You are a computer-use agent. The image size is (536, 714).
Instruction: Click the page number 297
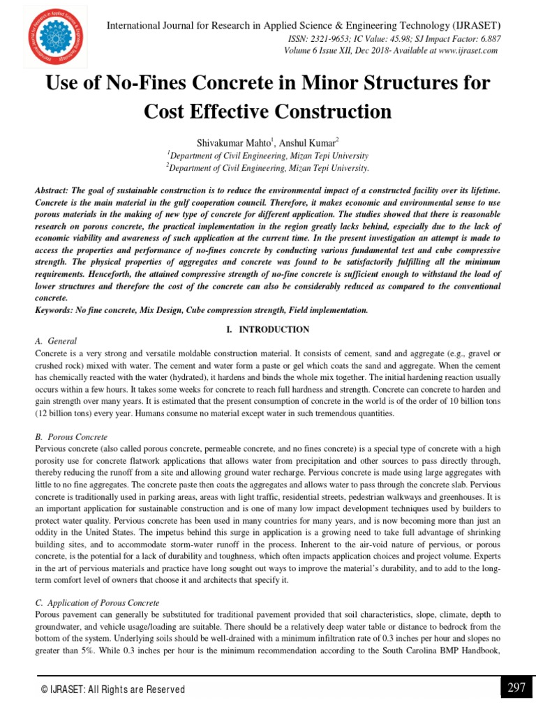[516, 688]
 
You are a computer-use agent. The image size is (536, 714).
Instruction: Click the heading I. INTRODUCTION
[268, 329]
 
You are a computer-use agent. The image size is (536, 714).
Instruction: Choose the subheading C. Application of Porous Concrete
[97, 602]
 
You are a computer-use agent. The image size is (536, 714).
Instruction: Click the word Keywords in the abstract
[56, 310]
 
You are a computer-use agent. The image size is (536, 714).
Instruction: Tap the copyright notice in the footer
[113, 690]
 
